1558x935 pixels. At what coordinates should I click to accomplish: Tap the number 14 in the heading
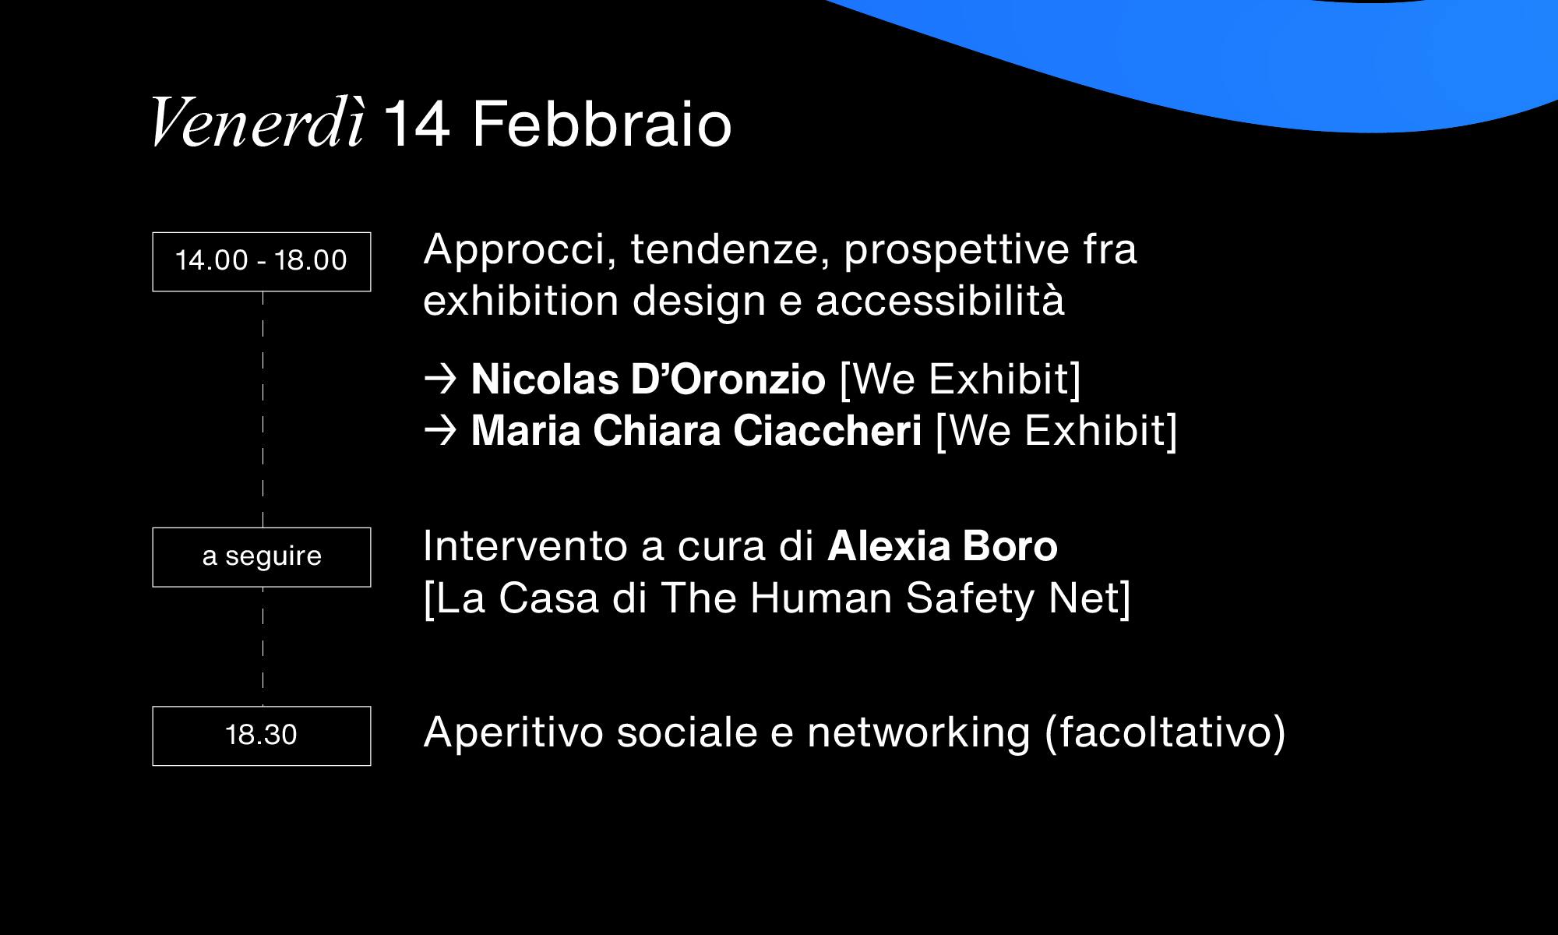click(417, 124)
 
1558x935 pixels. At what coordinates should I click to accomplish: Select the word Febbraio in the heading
click(602, 123)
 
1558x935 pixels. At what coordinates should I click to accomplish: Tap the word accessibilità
click(940, 301)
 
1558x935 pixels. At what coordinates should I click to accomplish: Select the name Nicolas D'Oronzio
click(648, 379)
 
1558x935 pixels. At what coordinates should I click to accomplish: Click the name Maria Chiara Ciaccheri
click(696, 431)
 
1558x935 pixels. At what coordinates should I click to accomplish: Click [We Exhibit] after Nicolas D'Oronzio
click(961, 380)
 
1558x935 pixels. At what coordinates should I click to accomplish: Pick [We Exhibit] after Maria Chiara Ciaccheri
click(1056, 432)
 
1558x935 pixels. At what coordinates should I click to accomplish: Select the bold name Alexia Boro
click(943, 546)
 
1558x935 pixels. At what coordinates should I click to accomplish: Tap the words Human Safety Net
click(932, 599)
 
